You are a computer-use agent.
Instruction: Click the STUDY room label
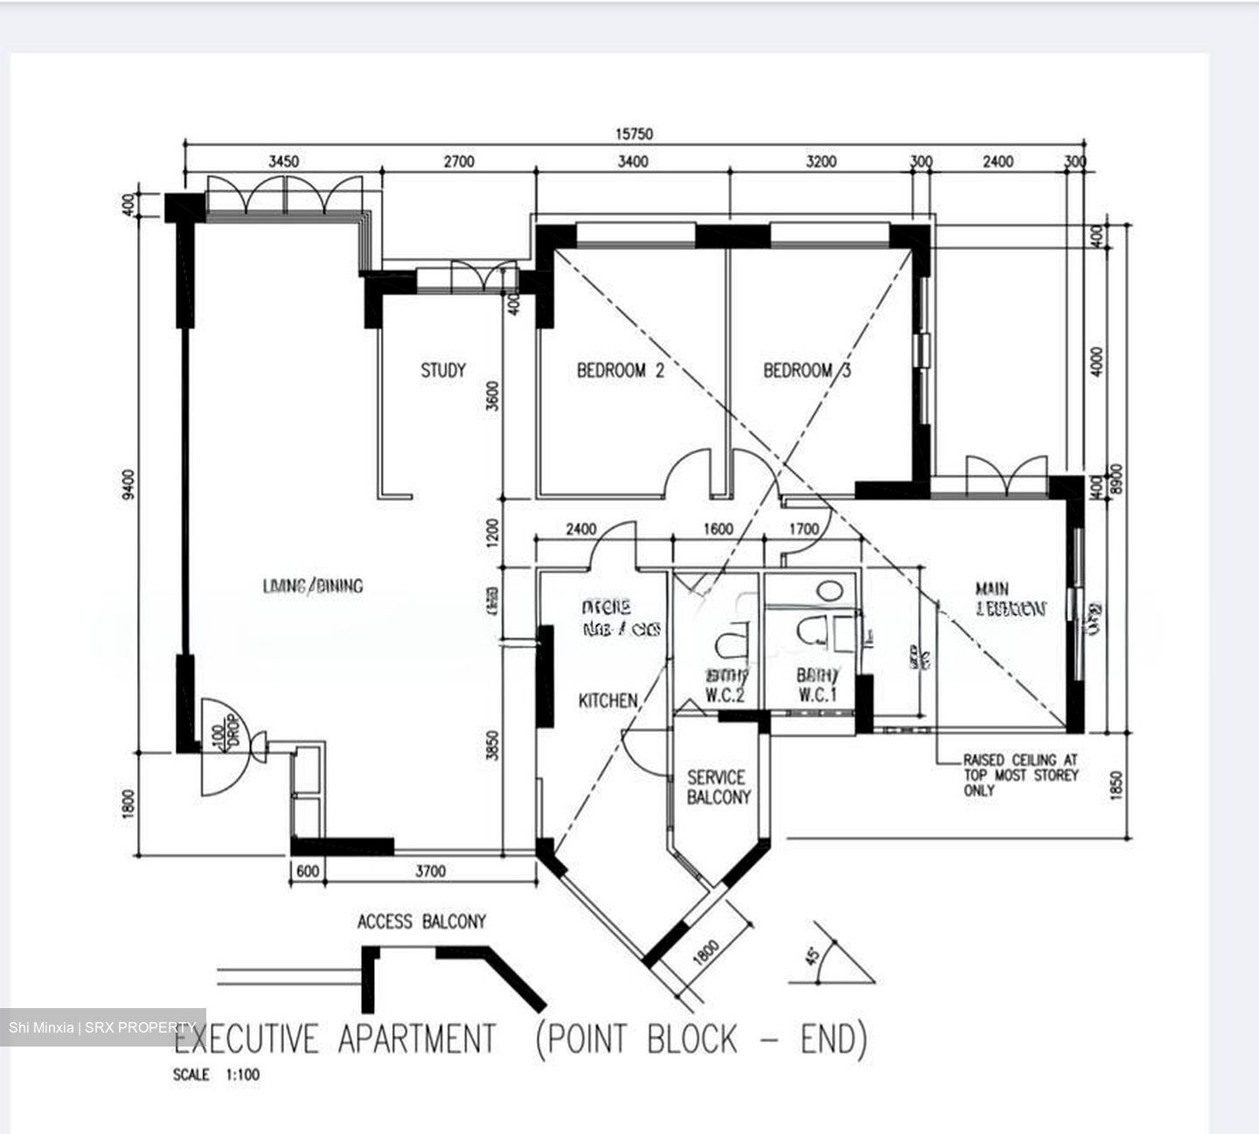click(443, 370)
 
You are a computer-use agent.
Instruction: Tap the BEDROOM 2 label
click(620, 370)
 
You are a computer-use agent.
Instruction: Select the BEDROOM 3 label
click(806, 370)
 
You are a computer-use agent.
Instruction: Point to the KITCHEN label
click(608, 700)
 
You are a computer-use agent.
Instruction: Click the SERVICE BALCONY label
click(718, 787)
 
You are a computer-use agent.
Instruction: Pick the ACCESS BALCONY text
click(421, 922)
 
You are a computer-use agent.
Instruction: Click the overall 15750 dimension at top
click(634, 134)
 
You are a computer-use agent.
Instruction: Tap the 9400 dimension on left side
click(129, 484)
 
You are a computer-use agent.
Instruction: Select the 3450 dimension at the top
click(283, 161)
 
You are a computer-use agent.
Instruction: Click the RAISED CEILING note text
click(1020, 775)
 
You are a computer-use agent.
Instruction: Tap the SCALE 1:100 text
click(216, 1075)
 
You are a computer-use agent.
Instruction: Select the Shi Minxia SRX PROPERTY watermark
click(102, 1026)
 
